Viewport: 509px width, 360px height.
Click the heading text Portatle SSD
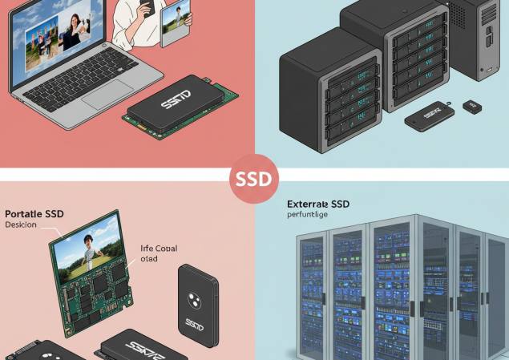coord(34,214)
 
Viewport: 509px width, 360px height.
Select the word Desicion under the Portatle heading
coord(22,225)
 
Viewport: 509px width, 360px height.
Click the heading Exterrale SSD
coord(317,204)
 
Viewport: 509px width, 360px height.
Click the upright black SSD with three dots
coord(194,305)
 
